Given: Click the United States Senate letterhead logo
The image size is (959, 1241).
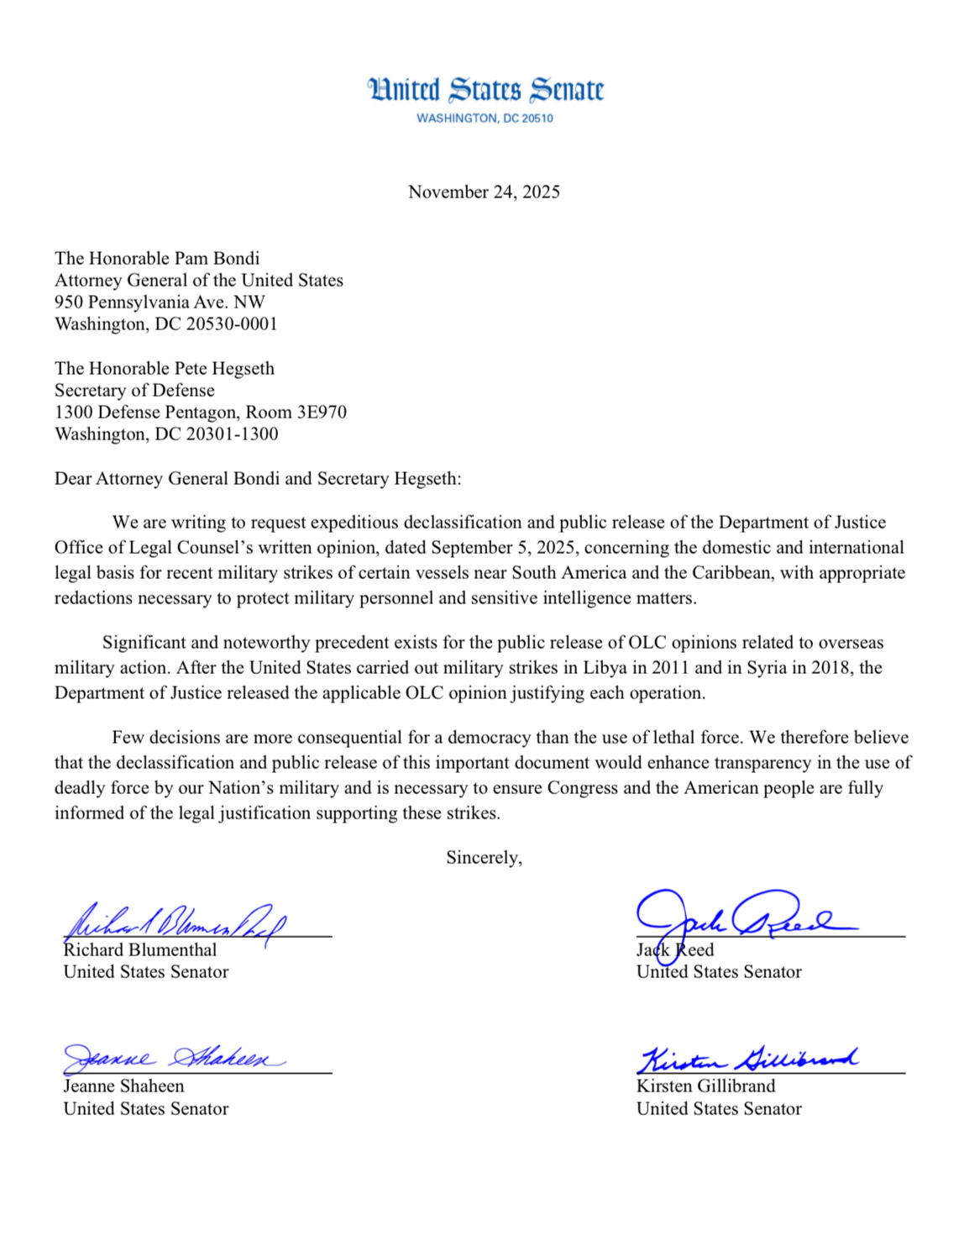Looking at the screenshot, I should tap(485, 90).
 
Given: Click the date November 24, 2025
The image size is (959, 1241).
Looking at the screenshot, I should tap(484, 192).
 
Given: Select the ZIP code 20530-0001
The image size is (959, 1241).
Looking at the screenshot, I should tap(229, 324).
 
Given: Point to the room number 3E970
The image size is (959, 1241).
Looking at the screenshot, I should tap(322, 413).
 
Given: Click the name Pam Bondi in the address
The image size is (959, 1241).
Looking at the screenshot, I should tap(217, 259).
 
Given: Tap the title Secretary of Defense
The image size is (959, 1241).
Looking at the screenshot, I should tap(134, 391).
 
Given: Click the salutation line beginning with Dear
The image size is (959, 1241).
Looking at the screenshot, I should tap(258, 479).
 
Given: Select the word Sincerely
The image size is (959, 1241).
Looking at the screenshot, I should tap(484, 858).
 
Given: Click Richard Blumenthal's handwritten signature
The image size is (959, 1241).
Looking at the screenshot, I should tap(176, 922).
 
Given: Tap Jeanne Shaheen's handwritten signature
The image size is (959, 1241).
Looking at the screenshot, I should tap(172, 1058).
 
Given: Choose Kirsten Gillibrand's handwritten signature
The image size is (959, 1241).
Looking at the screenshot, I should tap(747, 1059).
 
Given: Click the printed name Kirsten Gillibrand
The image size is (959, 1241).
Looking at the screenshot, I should tap(705, 1086).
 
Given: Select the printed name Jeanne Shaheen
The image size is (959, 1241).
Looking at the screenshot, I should tap(123, 1086).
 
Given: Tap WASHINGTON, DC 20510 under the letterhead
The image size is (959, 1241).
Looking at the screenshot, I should tap(485, 118).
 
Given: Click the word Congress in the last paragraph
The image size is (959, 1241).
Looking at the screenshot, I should tap(580, 788).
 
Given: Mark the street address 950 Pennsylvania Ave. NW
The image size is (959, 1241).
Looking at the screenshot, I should tap(160, 302).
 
